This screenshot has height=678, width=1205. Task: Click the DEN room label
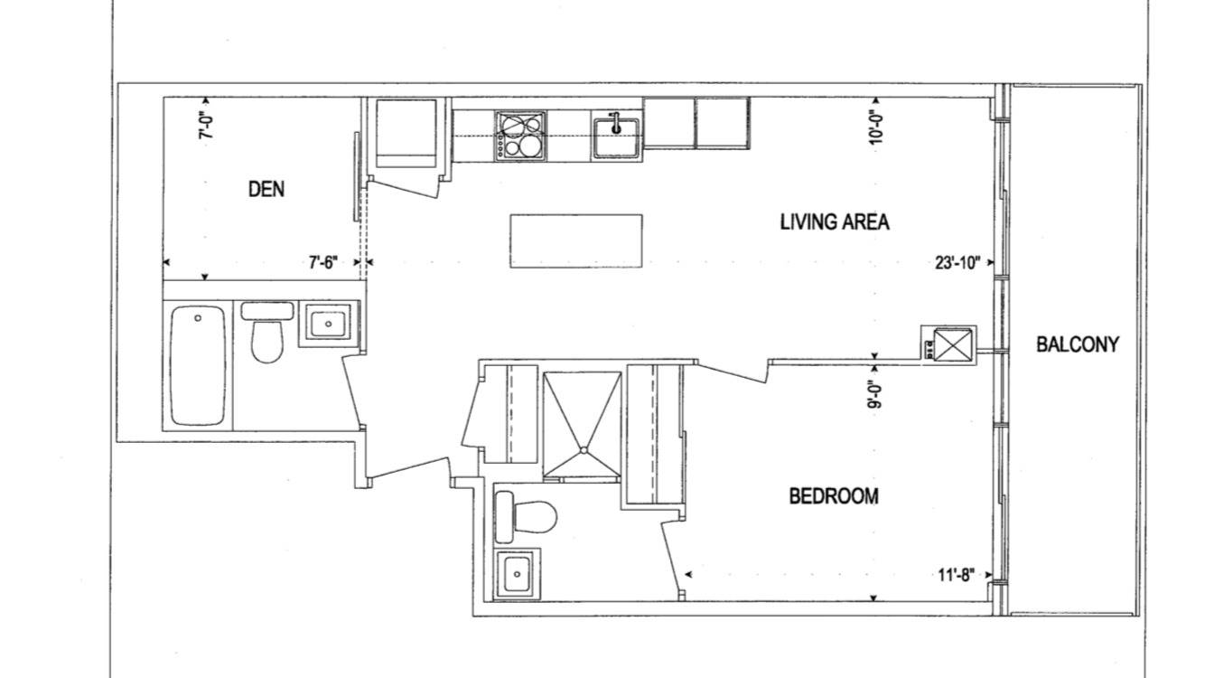(x=266, y=189)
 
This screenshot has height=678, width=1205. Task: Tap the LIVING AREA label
(x=834, y=222)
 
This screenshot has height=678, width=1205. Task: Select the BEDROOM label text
(x=833, y=496)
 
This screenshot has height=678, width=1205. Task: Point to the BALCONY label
(x=1077, y=344)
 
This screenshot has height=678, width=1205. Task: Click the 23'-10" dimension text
(x=957, y=263)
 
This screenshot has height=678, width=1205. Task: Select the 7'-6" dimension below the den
(x=322, y=263)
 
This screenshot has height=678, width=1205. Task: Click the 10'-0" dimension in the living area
(x=874, y=127)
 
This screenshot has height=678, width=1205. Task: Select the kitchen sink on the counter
(x=617, y=136)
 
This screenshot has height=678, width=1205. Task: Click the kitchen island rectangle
(x=576, y=240)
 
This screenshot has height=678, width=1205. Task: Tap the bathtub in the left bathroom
(x=198, y=365)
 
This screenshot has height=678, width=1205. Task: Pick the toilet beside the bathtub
(x=266, y=333)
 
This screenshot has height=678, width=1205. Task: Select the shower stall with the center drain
(x=584, y=422)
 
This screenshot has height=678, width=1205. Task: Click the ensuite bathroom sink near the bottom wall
(x=516, y=573)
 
